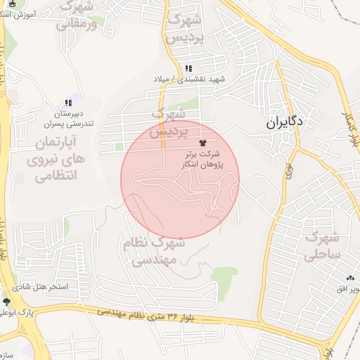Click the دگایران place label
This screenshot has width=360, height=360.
(284, 122)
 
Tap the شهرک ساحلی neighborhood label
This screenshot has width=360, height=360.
(323, 245)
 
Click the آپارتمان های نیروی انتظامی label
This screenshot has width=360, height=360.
(59, 160)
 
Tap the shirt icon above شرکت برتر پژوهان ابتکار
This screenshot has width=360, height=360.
(204, 142)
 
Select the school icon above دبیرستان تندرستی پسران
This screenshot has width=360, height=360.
(67, 103)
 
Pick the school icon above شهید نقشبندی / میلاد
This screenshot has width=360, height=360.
(188, 68)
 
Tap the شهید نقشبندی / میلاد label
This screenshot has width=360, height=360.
(188, 79)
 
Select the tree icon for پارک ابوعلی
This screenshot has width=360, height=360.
(7, 301)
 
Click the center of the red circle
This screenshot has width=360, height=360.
(181, 179)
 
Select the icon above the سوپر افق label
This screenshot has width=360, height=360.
(350, 278)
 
